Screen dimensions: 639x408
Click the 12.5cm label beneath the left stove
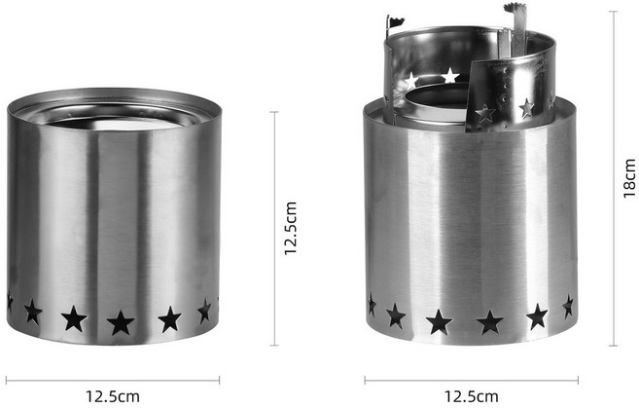(113, 395)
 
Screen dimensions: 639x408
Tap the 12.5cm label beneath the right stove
(471, 395)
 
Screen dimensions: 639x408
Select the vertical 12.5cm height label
(291, 229)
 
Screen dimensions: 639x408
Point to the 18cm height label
(629, 178)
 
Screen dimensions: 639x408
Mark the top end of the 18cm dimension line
(613, 12)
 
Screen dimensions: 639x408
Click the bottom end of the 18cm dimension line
(613, 346)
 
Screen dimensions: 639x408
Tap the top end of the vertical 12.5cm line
(274, 112)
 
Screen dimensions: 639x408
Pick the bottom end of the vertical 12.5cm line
(274, 345)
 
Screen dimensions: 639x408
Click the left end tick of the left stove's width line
(7, 381)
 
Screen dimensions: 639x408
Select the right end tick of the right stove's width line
(578, 381)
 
